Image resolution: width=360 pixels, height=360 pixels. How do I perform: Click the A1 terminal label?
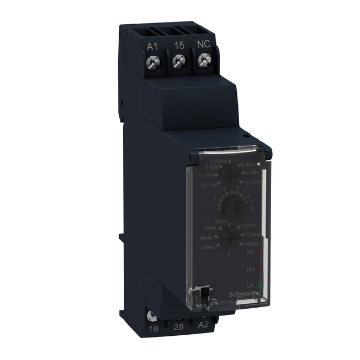(152, 47)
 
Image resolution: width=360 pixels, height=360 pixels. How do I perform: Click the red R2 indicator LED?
(260, 253)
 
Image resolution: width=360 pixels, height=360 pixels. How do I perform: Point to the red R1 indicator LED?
(260, 269)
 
